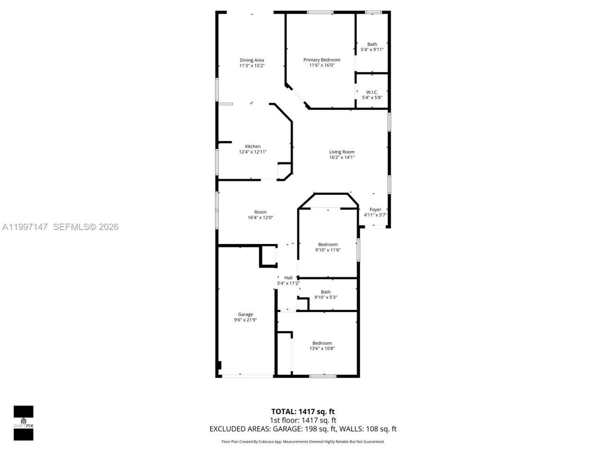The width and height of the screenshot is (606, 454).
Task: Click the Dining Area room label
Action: [252, 60]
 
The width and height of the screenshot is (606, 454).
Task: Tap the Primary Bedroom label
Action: [321, 60]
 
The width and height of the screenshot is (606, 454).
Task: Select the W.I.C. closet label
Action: [372, 92]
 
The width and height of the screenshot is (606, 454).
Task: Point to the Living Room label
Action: [342, 152]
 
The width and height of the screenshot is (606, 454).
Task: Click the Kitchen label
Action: [253, 146]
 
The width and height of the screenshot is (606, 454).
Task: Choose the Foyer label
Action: [375, 210]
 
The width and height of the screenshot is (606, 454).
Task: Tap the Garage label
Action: [245, 314]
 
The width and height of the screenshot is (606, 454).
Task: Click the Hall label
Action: [288, 278]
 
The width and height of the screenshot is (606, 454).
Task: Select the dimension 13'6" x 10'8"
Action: [322, 349]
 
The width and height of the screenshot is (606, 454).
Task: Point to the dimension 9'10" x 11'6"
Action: [328, 250]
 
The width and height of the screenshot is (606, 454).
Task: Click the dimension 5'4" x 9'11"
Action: [372, 50]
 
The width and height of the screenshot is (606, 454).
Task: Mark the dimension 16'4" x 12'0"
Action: [260, 218]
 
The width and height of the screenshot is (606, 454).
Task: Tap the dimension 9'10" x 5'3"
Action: [326, 297]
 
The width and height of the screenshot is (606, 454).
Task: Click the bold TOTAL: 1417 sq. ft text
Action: [303, 411]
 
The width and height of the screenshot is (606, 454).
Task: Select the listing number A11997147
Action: [25, 227]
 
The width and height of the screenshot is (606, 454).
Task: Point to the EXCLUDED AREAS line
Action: [303, 429]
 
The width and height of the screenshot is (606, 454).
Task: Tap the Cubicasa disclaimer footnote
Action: [303, 442]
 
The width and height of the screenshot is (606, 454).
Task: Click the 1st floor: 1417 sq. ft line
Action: [303, 420]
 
